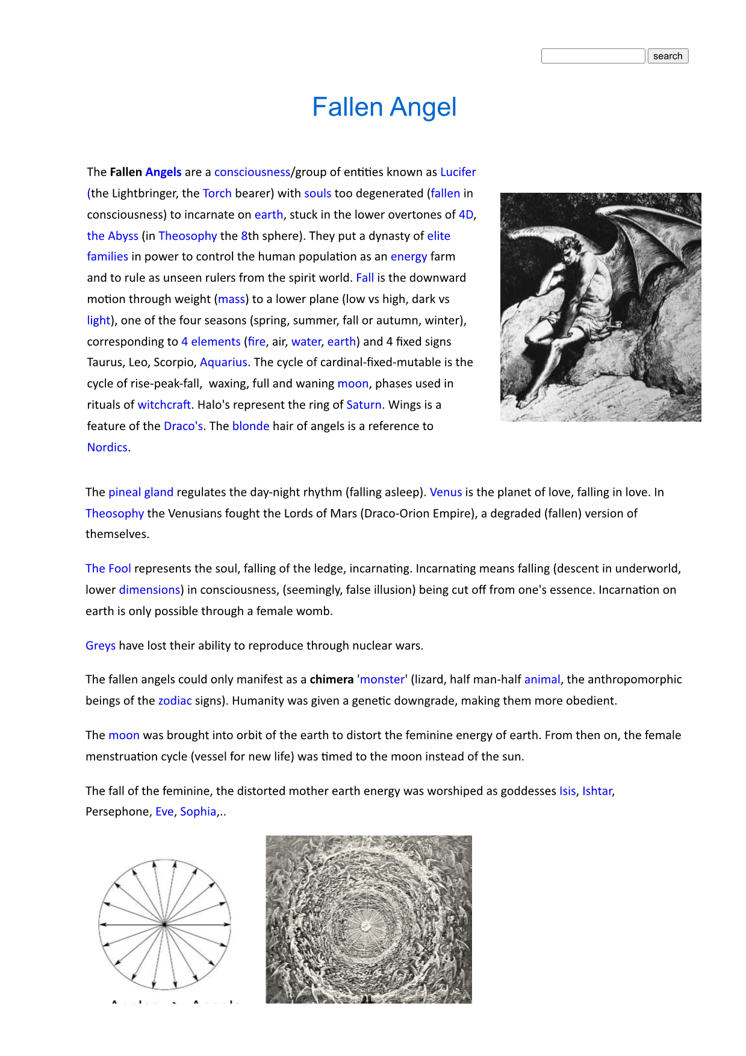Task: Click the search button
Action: click(668, 56)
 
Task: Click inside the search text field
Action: click(593, 56)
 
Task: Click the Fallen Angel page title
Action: click(384, 107)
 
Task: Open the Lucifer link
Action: click(458, 172)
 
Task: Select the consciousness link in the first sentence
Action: click(252, 172)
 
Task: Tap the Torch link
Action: click(217, 193)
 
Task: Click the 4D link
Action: click(465, 214)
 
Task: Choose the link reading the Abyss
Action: click(113, 236)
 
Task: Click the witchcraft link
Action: click(164, 405)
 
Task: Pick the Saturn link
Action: click(364, 405)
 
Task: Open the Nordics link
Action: click(107, 447)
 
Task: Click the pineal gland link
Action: click(141, 492)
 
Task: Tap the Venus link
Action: click(446, 492)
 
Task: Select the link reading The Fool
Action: click(108, 569)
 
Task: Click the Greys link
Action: click(101, 646)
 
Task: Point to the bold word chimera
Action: click(331, 680)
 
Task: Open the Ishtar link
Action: click(597, 791)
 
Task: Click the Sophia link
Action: click(198, 811)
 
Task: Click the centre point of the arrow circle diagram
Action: click(164, 924)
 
